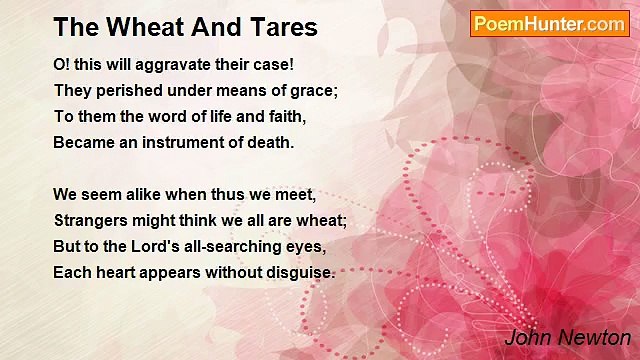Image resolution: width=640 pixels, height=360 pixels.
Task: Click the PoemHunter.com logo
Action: click(549, 24)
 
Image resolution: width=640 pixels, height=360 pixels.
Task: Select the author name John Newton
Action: click(567, 337)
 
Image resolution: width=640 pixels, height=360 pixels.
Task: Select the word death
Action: click(270, 142)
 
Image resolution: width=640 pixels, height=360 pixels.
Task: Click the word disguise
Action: click(298, 272)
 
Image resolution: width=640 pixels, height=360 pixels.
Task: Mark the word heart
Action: click(117, 272)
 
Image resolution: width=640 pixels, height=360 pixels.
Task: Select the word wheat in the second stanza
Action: click(321, 220)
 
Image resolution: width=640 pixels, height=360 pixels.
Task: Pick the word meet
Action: click(296, 194)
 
